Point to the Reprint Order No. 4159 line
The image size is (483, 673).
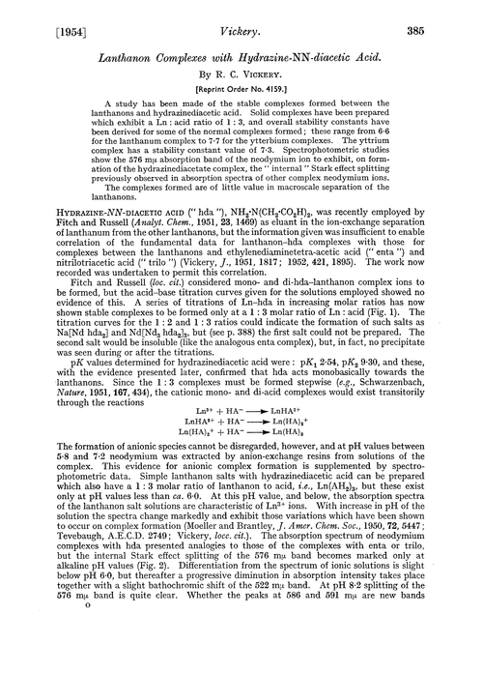click(x=241, y=85)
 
